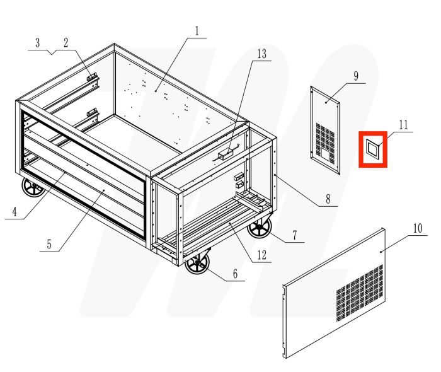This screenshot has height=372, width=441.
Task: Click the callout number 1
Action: coord(197,30)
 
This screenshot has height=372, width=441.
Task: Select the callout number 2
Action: coord(66,43)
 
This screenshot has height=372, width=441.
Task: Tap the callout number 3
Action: coord(37,43)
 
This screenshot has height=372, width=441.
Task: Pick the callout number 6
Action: coord(235,274)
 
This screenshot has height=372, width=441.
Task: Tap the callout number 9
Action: coord(356,76)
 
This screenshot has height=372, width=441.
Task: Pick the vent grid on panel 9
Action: coord(326,140)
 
